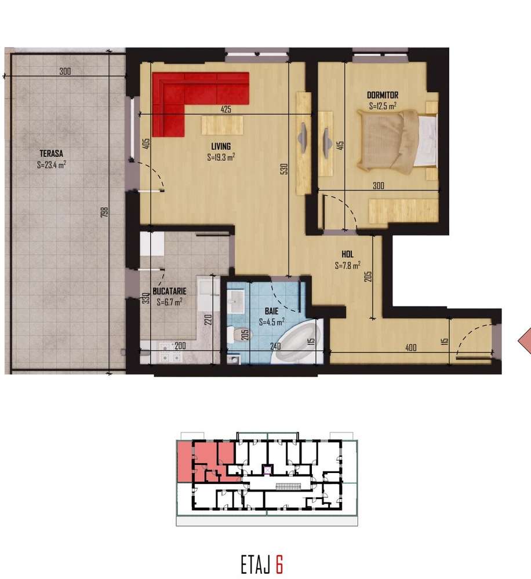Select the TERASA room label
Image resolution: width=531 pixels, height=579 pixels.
click(x=52, y=153)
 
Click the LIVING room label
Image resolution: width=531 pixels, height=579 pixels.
click(x=221, y=146)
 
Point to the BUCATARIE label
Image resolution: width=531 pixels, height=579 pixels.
click(x=169, y=292)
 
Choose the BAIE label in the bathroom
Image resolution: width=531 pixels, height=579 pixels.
click(x=271, y=312)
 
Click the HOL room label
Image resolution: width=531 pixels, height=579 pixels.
click(x=347, y=254)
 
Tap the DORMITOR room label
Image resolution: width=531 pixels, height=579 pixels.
click(x=383, y=95)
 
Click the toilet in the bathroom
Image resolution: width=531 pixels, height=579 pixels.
click(x=235, y=334)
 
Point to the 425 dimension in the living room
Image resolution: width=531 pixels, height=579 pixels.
click(x=227, y=108)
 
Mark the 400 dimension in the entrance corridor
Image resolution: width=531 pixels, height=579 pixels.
click(x=411, y=347)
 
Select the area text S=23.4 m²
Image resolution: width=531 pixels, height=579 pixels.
click(x=51, y=164)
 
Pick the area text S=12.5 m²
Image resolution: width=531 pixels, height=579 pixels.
click(x=383, y=106)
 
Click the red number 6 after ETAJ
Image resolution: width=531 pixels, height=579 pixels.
click(x=279, y=563)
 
